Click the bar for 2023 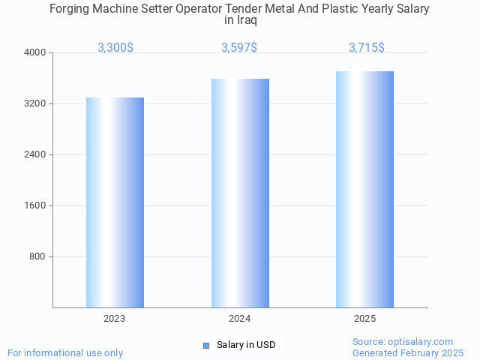coord(115,202)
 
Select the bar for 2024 coord(240,193)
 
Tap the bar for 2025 coord(364,189)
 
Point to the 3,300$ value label coord(115,47)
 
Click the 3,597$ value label coord(239,47)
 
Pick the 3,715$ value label coord(367,47)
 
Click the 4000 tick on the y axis coord(35,52)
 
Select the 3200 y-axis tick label coord(35,103)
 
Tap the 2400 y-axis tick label coord(35,154)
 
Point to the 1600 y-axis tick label coord(35,205)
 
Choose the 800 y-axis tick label coord(37,256)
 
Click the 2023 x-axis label coord(115,319)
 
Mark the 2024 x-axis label coord(240,319)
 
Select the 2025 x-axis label coord(365,319)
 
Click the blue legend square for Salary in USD coord(206,345)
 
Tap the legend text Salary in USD coord(246,345)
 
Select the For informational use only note coord(65,352)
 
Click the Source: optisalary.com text coord(403,341)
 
